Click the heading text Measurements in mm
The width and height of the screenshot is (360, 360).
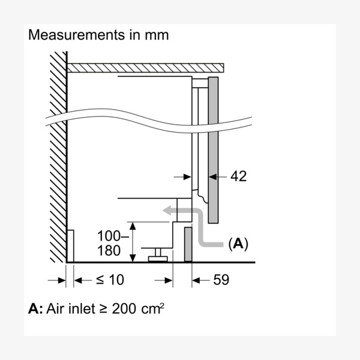coord(98,35)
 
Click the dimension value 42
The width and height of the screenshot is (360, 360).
coord(238,176)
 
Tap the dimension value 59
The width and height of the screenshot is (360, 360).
coord(221,280)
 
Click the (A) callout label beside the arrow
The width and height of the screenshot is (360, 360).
coord(238,244)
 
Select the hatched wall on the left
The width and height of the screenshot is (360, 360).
coord(58,156)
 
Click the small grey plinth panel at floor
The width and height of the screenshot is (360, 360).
coord(188,245)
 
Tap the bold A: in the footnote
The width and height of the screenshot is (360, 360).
coord(35,310)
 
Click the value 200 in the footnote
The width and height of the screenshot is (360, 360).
coord(123,310)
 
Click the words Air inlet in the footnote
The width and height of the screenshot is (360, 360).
coord(71,310)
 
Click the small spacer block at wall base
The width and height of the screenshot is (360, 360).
coord(70,246)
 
